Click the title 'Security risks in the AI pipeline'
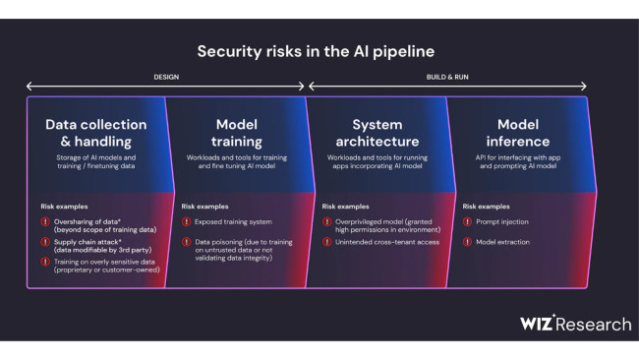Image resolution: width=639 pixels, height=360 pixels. [316, 50]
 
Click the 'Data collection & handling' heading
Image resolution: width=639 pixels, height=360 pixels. [95, 133]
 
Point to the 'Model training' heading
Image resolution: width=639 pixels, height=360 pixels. [236, 133]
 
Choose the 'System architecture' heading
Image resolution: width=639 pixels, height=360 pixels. [377, 133]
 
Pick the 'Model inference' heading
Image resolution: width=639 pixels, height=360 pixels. [517, 133]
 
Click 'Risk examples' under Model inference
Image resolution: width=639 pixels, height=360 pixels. [486, 207]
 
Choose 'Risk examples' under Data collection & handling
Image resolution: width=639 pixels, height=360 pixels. [65, 207]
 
